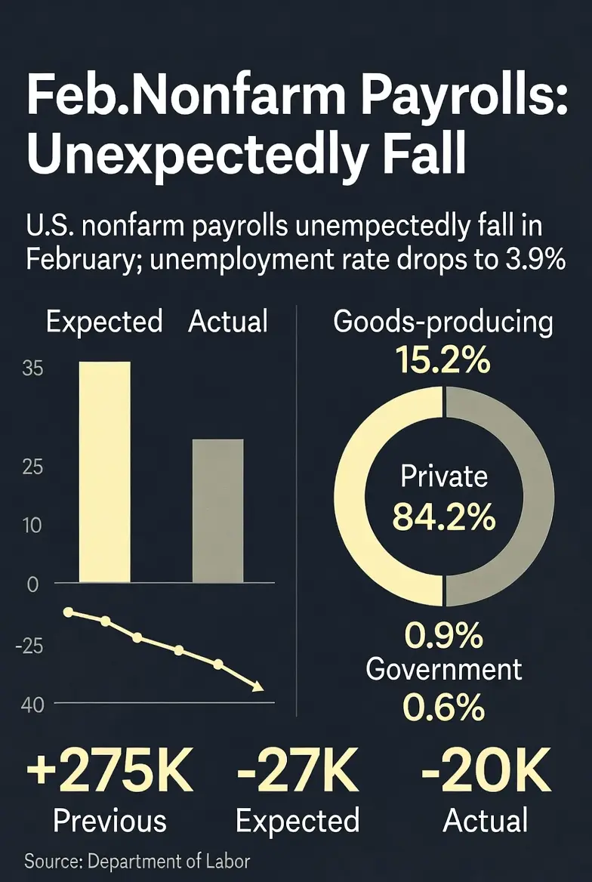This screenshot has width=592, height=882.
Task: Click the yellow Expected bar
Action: [x=105, y=471]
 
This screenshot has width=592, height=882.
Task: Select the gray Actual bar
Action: [x=217, y=510]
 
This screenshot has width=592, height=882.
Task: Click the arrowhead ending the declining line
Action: [x=257, y=686]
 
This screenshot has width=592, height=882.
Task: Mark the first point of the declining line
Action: [x=69, y=612]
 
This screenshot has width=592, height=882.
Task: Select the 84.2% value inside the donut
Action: [x=444, y=518]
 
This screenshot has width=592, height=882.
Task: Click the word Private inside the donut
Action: [x=444, y=476]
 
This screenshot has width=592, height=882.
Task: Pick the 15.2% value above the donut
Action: [x=443, y=362]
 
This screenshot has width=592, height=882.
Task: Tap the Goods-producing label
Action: [x=443, y=322]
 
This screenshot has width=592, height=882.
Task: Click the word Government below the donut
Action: [x=444, y=669]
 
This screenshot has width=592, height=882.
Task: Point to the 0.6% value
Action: [x=444, y=708]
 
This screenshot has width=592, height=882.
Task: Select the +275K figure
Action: [x=110, y=772]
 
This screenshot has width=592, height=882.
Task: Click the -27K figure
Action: [x=297, y=772]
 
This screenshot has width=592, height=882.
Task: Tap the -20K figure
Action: [x=485, y=772]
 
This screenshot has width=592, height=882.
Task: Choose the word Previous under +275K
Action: [x=110, y=820]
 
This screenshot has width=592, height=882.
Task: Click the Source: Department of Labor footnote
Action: [x=137, y=860]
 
